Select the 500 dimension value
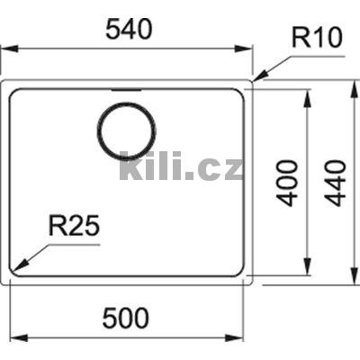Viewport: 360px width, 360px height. point(127,318)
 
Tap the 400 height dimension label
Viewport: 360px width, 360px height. point(287,183)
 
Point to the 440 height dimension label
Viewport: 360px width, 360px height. point(336,183)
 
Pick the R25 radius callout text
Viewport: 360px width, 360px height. point(73,229)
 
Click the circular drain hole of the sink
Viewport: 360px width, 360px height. point(126,130)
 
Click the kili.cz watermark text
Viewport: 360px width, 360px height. point(181,166)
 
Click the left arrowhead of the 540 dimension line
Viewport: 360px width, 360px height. point(4,49)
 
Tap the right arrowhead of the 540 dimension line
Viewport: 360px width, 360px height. point(252,49)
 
